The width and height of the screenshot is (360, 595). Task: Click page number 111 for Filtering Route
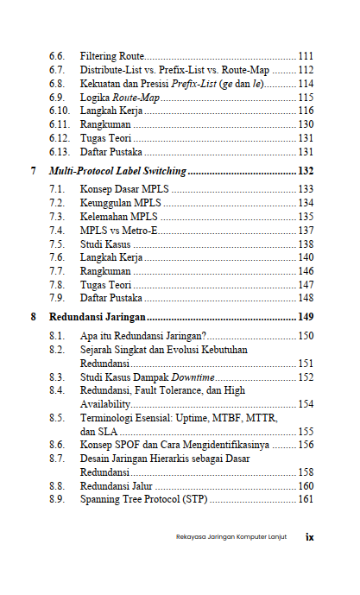[x=305, y=55]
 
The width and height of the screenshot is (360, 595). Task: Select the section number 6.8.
[x=57, y=84]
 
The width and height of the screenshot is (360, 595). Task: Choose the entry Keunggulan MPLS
[x=115, y=203]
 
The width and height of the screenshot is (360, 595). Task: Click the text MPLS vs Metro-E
[x=120, y=231]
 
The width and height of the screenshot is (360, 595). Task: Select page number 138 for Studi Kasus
[x=305, y=245]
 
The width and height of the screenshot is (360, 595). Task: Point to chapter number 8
[x=34, y=317]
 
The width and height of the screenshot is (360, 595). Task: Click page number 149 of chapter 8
[x=305, y=317]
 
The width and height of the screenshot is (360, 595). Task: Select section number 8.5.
[x=57, y=418]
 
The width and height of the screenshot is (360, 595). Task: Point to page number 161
[x=305, y=500]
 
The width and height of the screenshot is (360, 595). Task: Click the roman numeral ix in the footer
[x=309, y=536]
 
